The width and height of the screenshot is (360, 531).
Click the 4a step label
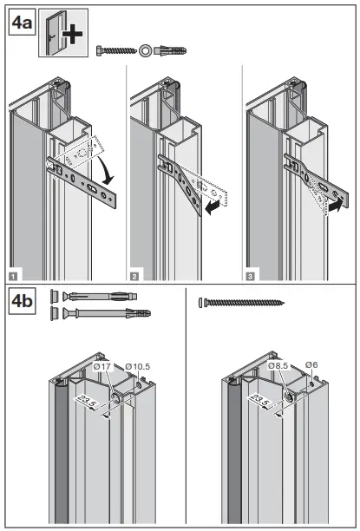(x=22, y=23)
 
